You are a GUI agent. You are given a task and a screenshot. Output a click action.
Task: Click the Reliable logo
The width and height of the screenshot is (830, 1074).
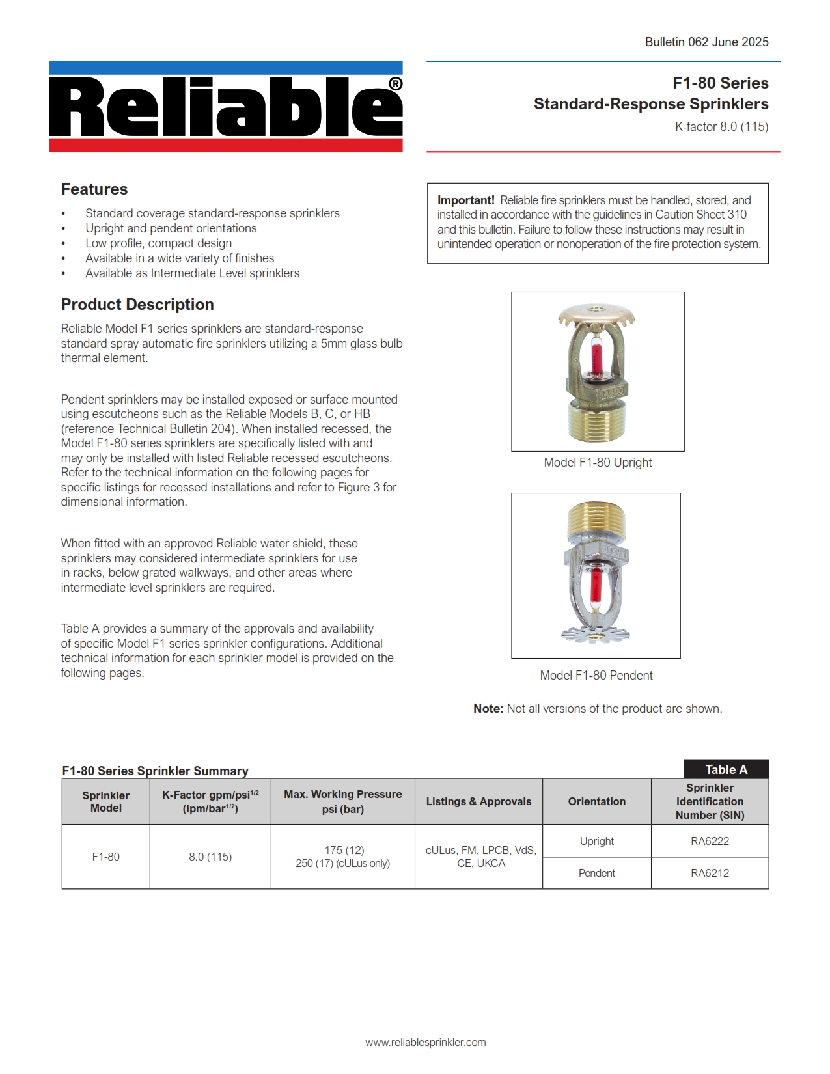coord(226,107)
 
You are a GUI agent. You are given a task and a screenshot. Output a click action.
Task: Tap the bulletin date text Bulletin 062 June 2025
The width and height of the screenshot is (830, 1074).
coord(706,42)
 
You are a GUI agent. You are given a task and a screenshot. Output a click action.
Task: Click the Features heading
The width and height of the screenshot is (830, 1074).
coord(94,189)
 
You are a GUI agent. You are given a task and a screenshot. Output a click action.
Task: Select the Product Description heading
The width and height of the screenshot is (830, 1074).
coord(137,305)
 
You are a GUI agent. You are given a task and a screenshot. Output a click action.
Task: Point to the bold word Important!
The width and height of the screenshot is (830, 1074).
coord(465,200)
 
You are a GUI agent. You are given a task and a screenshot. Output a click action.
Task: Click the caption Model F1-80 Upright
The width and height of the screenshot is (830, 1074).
coord(598,463)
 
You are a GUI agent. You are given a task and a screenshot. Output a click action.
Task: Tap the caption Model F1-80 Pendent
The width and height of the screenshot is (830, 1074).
coord(596,676)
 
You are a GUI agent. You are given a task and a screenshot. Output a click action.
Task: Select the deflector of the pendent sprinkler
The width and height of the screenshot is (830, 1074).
coord(596,633)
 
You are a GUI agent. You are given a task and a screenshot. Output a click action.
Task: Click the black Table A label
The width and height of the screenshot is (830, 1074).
coord(726,769)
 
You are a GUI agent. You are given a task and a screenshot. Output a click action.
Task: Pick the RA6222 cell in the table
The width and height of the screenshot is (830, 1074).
coord(710,841)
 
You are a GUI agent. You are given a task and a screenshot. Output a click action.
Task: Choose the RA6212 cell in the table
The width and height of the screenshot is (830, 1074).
coord(710,873)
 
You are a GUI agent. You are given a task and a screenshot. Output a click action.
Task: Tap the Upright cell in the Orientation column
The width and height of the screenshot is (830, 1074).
coord(596,841)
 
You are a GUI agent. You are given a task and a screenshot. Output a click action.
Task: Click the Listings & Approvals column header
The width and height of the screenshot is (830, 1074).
coord(478,801)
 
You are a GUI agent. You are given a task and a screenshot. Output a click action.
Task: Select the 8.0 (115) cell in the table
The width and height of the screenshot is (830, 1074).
coord(210,857)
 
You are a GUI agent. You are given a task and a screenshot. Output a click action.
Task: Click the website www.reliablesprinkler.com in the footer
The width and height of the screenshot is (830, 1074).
coord(426,1042)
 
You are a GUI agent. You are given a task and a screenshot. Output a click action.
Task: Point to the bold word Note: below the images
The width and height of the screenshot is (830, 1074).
coord(488,709)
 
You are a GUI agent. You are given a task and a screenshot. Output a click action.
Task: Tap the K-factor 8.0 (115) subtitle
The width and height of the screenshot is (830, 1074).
coord(721,127)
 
